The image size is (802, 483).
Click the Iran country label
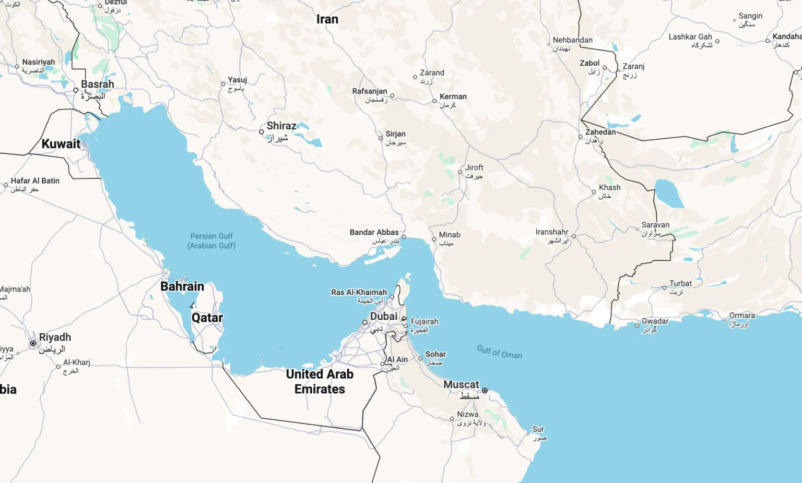pyautogui.click(x=327, y=19)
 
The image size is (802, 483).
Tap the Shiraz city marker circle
pyautogui.click(x=262, y=132)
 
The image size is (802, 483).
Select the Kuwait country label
pyautogui.click(x=61, y=144)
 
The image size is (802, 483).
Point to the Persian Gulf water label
pyautogui.click(x=211, y=240)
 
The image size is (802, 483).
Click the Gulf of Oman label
pyautogui.click(x=499, y=352)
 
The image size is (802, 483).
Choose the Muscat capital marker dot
pyautogui.click(x=485, y=390)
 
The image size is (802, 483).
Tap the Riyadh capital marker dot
pyautogui.click(x=33, y=343)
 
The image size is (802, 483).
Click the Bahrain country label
pyautogui.click(x=182, y=286)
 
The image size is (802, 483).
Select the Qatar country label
pyautogui.click(x=207, y=318)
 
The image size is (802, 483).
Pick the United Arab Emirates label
pyautogui.click(x=320, y=381)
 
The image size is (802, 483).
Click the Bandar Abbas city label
pyautogui.click(x=374, y=233)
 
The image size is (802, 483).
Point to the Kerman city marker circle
pyautogui.click(x=434, y=101)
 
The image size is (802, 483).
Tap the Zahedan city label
pyautogui.click(x=600, y=132)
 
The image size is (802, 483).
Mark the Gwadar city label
pyautogui.click(x=655, y=321)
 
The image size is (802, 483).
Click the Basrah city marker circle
pyautogui.click(x=76, y=90)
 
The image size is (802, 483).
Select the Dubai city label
pyautogui.click(x=384, y=317)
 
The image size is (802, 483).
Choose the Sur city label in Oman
pyautogui.click(x=538, y=429)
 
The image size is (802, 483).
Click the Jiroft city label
pyautogui.click(x=474, y=168)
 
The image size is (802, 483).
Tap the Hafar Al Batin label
pyautogui.click(x=35, y=181)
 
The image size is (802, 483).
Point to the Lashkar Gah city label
pyautogui.click(x=690, y=37)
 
